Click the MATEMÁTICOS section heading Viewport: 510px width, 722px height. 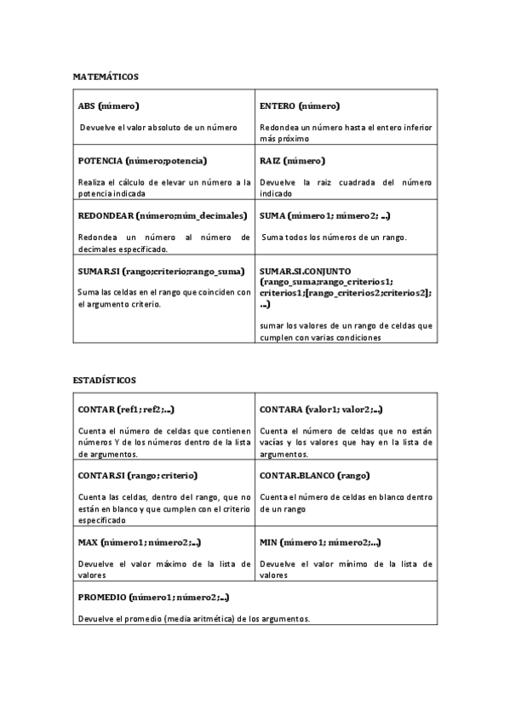106,77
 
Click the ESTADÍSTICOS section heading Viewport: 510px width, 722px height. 104,380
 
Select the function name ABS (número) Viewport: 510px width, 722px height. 108,106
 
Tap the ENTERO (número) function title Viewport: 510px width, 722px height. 300,106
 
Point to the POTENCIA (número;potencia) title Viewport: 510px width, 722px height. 143,160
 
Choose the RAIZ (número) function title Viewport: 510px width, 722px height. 292,160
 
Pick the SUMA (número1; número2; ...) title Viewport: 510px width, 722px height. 324,215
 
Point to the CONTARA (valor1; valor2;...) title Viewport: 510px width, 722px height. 321,410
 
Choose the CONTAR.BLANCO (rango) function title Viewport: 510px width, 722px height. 314,474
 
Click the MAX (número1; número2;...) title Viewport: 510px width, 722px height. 140,541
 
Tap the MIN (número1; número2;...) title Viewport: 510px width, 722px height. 319,541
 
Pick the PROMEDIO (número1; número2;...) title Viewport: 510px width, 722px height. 153,597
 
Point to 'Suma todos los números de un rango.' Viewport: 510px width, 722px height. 334,237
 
